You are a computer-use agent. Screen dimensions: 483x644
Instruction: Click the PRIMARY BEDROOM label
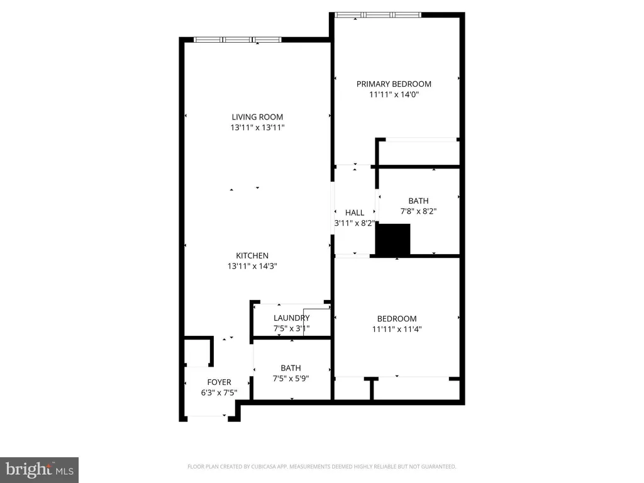pos(394,84)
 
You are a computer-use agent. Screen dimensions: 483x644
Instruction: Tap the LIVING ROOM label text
pos(257,116)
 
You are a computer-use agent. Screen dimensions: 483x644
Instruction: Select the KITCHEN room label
pos(252,255)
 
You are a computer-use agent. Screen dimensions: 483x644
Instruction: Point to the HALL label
pos(354,213)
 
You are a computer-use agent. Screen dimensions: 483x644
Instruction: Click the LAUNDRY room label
pos(291,318)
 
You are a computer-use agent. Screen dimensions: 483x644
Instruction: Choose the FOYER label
pos(219,382)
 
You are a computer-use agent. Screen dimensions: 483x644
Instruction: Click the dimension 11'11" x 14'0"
pos(394,95)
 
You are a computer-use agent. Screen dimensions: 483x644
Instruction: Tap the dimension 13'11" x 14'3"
pos(252,266)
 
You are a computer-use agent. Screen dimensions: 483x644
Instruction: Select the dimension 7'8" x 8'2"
pos(418,211)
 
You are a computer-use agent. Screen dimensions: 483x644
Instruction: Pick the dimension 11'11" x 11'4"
pos(397,329)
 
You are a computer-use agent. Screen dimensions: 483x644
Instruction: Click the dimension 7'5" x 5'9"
pos(291,379)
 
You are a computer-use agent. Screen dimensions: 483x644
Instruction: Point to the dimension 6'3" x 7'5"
pos(219,392)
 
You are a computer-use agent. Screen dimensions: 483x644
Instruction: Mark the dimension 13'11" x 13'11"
pos(257,128)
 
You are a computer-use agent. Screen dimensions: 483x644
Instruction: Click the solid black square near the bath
pos(392,240)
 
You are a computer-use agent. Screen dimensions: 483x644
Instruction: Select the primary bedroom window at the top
pos(377,14)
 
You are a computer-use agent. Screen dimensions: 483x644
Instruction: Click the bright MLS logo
pos(39,468)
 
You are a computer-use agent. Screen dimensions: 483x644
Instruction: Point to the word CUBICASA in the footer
pos(282,467)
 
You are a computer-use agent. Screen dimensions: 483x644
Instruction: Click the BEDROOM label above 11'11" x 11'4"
pos(397,318)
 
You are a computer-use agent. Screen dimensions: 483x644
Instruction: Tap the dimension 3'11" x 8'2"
pos(354,223)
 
